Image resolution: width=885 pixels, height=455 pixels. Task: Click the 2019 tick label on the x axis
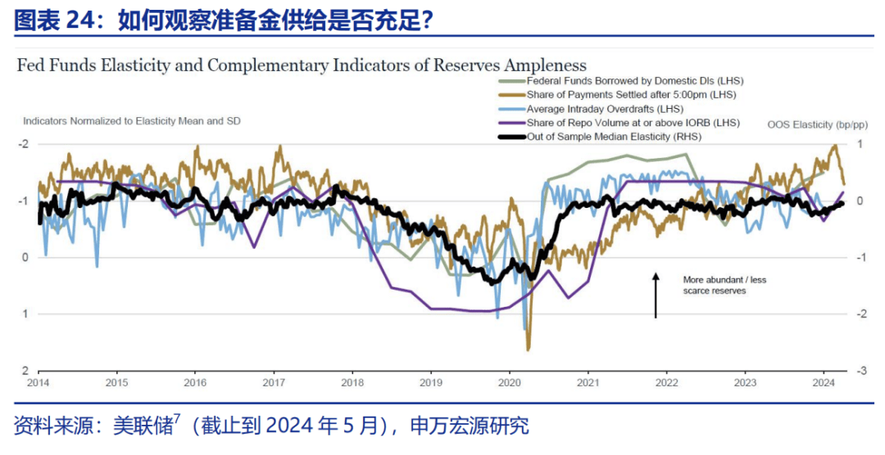click(x=430, y=382)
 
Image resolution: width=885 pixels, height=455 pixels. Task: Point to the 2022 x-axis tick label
click(x=666, y=382)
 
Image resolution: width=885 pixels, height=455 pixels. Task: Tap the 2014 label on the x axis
click(x=38, y=382)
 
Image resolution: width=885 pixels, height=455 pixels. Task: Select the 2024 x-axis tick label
click(x=823, y=382)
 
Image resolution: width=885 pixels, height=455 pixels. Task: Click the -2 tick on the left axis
click(x=25, y=144)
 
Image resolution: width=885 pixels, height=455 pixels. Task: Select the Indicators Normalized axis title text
click(x=131, y=120)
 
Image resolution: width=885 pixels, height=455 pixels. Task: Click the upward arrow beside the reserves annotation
click(x=656, y=295)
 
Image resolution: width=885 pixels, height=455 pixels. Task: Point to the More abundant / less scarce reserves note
click(x=724, y=285)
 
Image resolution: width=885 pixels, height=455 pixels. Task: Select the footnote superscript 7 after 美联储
click(x=177, y=419)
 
